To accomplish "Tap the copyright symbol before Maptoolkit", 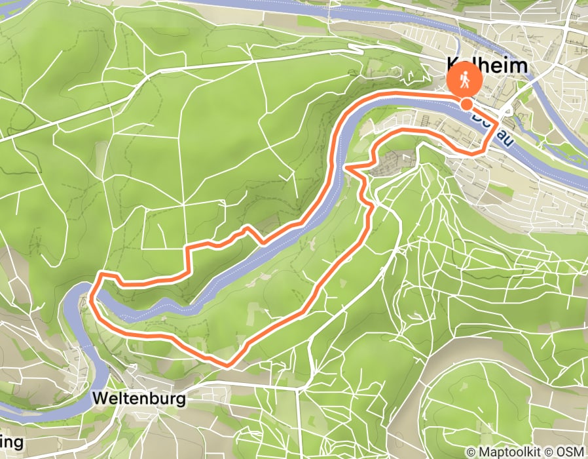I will pyautogui.click(x=472, y=452).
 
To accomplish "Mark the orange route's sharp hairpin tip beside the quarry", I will pyautogui.click(x=345, y=168).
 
